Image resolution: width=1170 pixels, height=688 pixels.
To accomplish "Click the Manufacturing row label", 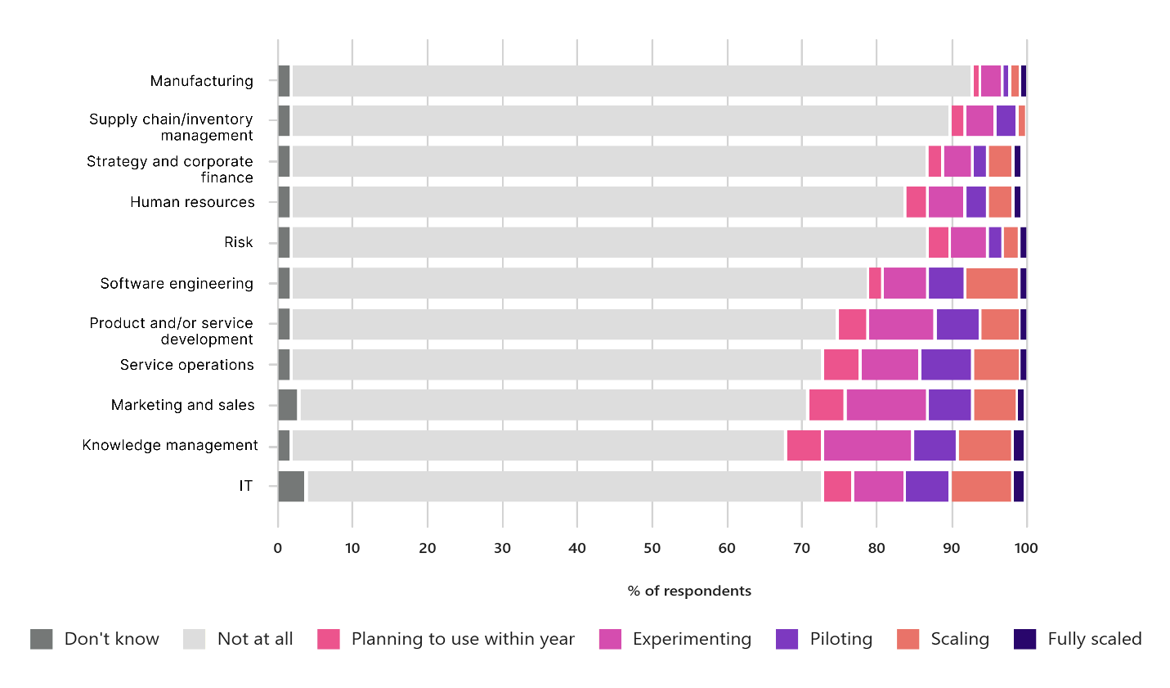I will click(x=201, y=81).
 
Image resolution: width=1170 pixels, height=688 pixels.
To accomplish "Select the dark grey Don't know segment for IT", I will click(x=291, y=486).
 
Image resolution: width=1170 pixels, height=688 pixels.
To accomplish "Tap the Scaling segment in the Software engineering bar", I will click(x=992, y=283).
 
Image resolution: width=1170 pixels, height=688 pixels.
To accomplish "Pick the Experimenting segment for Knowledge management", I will click(x=867, y=445).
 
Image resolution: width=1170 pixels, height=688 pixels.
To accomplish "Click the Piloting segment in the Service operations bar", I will click(x=946, y=364).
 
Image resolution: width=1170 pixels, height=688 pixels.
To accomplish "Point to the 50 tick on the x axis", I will click(x=652, y=548).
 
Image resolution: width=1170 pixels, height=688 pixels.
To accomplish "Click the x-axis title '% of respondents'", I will click(x=689, y=591).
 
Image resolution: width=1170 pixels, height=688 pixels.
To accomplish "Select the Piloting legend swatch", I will click(x=787, y=639).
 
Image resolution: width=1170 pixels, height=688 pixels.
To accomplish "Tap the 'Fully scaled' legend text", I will click(x=1094, y=639).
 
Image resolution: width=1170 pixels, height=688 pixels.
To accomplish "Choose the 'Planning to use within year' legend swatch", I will click(x=328, y=639).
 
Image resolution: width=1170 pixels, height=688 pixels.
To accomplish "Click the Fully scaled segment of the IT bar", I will click(x=1018, y=486).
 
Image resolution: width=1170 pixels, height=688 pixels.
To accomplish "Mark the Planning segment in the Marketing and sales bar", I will click(x=826, y=405).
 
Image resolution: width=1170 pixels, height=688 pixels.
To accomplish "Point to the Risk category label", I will click(x=239, y=242).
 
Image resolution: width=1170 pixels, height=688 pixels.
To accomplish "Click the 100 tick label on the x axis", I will click(x=1026, y=548).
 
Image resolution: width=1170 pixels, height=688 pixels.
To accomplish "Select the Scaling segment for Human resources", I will click(x=1000, y=202).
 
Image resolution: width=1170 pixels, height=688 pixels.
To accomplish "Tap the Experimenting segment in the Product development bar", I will click(x=901, y=324).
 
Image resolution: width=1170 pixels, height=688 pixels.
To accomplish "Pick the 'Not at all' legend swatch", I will click(x=194, y=639).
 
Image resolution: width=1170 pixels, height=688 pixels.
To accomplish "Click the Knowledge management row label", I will click(x=170, y=445).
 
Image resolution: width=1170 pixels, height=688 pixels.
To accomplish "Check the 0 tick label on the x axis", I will click(x=278, y=548).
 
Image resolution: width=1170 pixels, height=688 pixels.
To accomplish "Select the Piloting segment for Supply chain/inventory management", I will click(x=1006, y=121).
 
